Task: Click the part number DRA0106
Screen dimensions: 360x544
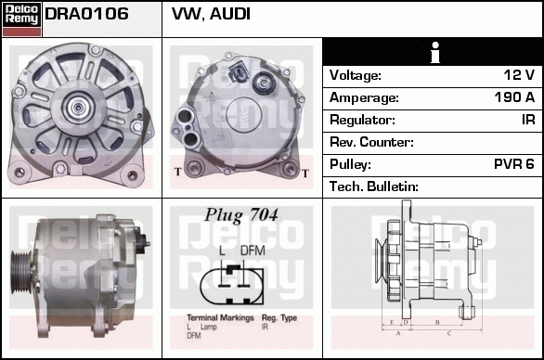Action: point(86,15)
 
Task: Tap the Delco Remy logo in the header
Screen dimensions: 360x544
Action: point(21,18)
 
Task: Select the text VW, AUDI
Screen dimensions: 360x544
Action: point(211,15)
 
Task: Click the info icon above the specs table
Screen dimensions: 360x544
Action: point(433,53)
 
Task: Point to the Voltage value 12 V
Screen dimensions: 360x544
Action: point(517,75)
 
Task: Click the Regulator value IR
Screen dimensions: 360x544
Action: point(526,120)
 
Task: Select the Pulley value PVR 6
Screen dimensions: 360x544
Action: point(513,164)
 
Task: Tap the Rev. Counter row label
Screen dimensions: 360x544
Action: point(371,142)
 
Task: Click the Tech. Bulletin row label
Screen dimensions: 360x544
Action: point(374,186)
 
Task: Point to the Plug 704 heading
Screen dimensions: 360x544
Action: point(240,216)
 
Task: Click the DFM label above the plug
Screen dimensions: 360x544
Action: point(253,251)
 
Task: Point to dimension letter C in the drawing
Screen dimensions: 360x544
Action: point(449,331)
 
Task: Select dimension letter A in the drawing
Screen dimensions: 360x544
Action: point(398,331)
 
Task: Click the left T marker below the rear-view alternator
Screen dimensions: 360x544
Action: point(176,172)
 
